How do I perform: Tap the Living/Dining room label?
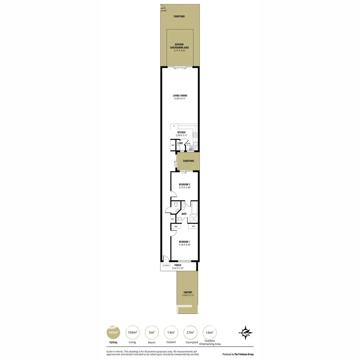pos(180,95)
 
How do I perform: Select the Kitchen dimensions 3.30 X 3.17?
pos(181,135)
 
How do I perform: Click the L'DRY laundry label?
pos(180,143)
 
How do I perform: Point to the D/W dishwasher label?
pos(188,144)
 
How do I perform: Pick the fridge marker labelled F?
pos(173,126)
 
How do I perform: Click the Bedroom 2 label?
pos(184,184)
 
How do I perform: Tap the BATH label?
pos(184,214)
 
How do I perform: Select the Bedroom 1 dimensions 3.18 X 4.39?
pos(184,245)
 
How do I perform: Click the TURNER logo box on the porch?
pos(166,266)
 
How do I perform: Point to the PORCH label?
pos(178,265)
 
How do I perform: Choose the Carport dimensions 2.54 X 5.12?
pos(188,295)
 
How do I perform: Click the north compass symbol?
pos(245,332)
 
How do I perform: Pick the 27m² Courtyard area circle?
pos(191,332)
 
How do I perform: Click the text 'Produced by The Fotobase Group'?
pos(238,354)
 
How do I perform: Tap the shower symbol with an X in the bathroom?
pos(193,219)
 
